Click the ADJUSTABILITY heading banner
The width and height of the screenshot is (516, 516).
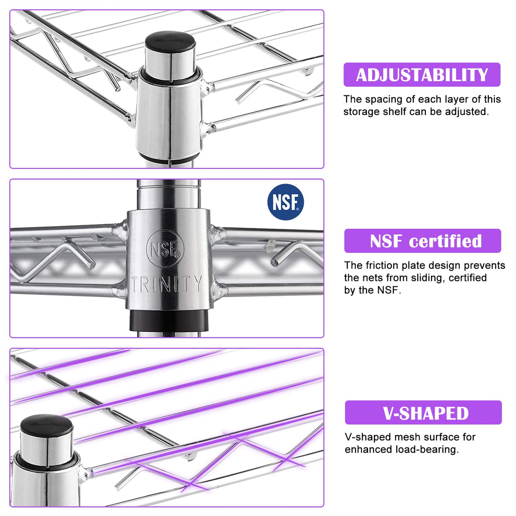(x=422, y=74)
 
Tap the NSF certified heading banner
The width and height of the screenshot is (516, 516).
(x=422, y=241)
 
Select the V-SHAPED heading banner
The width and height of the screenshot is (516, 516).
(x=423, y=412)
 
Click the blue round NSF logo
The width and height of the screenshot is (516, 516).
(x=286, y=202)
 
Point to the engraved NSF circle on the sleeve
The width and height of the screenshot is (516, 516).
(x=165, y=249)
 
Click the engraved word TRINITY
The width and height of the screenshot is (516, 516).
(x=167, y=284)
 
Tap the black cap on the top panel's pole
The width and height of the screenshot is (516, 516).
(x=170, y=42)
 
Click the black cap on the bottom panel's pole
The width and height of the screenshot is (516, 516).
(x=47, y=425)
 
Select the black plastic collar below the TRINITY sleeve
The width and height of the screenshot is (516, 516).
(x=169, y=320)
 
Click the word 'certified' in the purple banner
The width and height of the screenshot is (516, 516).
(x=445, y=241)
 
